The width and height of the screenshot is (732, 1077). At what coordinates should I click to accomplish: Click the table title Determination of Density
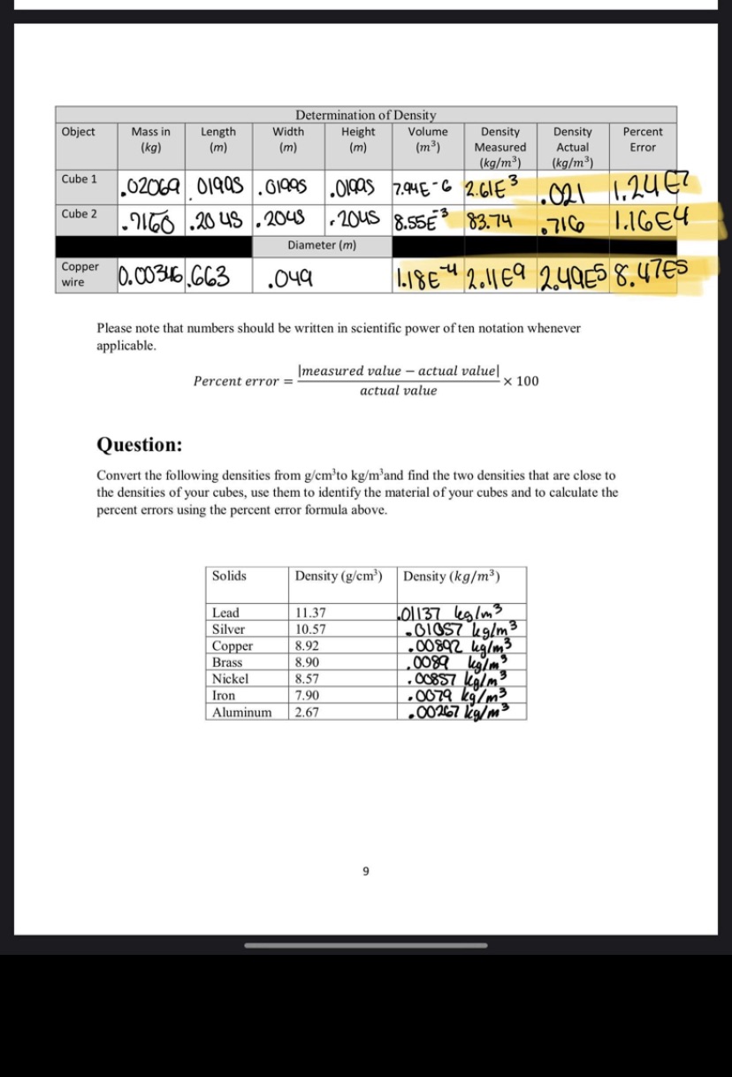pyautogui.click(x=365, y=115)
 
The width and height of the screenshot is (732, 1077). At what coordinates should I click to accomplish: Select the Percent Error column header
pyautogui.click(x=643, y=139)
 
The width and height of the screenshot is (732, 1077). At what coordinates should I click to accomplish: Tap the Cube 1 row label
pyautogui.click(x=80, y=179)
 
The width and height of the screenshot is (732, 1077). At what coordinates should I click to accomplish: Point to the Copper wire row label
pyautogui.click(x=80, y=274)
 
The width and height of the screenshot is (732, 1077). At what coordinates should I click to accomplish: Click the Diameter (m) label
pyautogui.click(x=322, y=245)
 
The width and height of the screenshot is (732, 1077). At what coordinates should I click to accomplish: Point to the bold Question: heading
pyautogui.click(x=140, y=444)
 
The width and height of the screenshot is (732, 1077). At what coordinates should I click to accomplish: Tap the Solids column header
pyautogui.click(x=229, y=576)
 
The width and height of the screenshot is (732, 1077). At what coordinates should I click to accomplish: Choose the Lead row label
pyautogui.click(x=225, y=612)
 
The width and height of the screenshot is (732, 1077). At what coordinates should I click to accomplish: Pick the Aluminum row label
pyautogui.click(x=241, y=712)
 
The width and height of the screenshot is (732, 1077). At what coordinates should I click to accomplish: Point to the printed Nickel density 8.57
pyautogui.click(x=307, y=679)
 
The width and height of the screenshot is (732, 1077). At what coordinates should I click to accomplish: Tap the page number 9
pyautogui.click(x=365, y=871)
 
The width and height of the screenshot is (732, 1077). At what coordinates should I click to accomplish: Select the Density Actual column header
pyautogui.click(x=572, y=147)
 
